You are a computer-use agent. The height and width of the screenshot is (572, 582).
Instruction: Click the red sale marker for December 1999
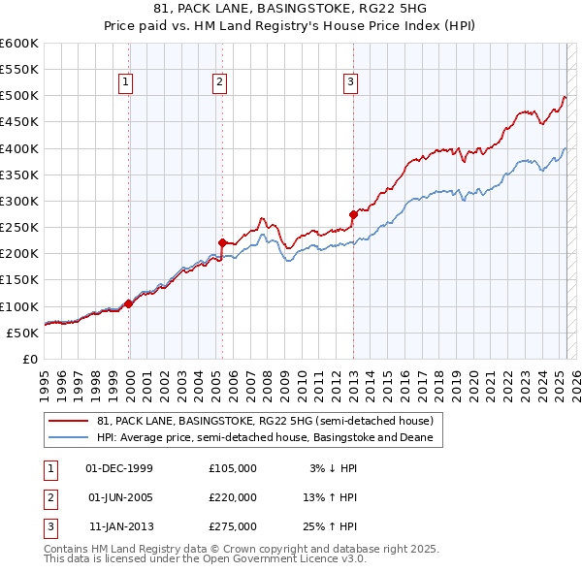[129, 303]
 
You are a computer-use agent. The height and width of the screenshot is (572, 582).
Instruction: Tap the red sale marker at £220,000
[223, 242]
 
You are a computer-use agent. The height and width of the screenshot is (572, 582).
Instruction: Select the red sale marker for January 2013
[353, 213]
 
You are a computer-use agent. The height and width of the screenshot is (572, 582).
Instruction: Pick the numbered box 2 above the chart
[220, 83]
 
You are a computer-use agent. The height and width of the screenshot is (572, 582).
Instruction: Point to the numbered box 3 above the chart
[349, 83]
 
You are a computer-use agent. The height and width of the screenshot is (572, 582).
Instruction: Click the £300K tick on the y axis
[19, 201]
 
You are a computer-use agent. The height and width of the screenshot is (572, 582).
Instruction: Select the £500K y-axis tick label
[19, 95]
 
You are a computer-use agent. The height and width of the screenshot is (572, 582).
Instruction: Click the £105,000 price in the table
[233, 468]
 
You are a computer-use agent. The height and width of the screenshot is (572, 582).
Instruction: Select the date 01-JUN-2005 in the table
[120, 497]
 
